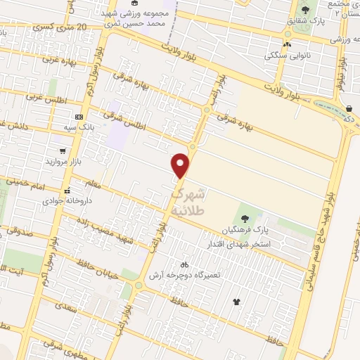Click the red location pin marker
pyautogui.click(x=181, y=165)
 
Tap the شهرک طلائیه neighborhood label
pyautogui.click(x=189, y=200)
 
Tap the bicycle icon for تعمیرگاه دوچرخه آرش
pyautogui.click(x=184, y=265)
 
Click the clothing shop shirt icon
pyautogui.click(x=236, y=302)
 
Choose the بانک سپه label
pyautogui.click(x=78, y=128)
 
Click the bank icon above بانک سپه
pyautogui.click(x=78, y=117)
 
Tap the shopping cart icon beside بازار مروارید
pyautogui.click(x=63, y=150)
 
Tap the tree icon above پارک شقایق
pyautogui.click(x=305, y=10)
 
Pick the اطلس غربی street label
pyautogui.click(x=41, y=96)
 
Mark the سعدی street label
pyautogui.click(x=68, y=308)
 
